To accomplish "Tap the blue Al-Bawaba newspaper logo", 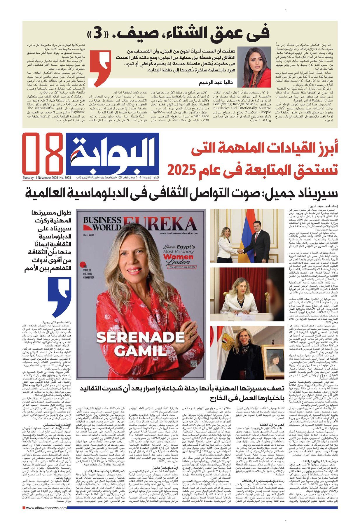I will pyautogui.click(x=113, y=153).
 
